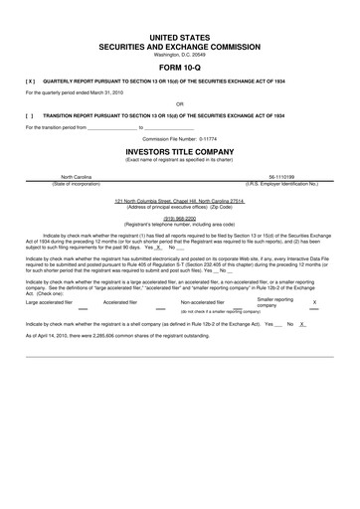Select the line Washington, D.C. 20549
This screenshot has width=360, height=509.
tap(180, 54)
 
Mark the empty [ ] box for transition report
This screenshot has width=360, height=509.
tap(31, 115)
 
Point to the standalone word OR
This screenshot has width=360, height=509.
tap(180, 102)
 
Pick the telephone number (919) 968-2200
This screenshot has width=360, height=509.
tap(180, 220)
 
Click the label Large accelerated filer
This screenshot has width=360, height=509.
tap(53, 302)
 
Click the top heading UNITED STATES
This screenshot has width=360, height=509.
tap(180, 36)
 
